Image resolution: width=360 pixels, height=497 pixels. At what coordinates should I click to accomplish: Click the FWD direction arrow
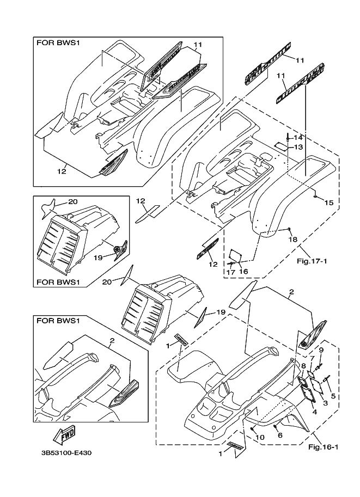click(64, 436)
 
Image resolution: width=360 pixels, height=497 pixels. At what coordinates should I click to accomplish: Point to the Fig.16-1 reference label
click(324, 448)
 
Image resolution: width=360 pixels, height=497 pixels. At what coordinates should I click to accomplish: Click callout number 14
click(298, 137)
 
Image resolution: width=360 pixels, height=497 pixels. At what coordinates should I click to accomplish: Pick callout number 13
click(298, 147)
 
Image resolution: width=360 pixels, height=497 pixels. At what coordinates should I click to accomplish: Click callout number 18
click(293, 240)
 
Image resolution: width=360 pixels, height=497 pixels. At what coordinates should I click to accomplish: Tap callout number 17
click(230, 271)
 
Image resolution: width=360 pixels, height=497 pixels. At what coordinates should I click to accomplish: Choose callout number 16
click(243, 271)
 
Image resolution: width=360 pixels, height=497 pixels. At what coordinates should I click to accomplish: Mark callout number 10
click(259, 437)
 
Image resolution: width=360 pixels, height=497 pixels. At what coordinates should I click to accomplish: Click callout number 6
click(280, 435)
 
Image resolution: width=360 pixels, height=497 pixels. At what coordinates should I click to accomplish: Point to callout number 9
click(321, 349)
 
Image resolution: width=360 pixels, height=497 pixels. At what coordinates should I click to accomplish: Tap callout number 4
click(314, 412)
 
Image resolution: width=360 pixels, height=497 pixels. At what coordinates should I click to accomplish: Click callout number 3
click(325, 403)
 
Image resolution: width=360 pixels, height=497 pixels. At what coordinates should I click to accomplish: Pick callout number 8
click(303, 367)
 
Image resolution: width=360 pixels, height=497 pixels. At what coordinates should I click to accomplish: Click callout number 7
click(312, 358)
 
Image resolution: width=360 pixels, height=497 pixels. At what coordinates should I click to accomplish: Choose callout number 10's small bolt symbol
click(253, 429)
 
